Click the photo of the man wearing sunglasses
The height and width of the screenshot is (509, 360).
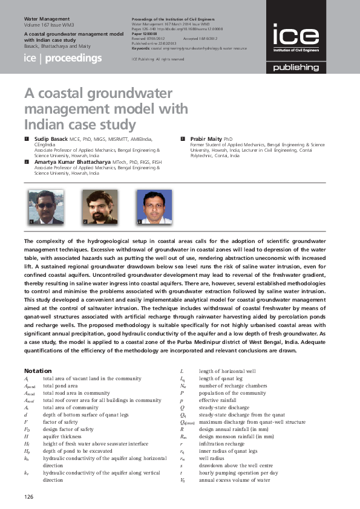45,207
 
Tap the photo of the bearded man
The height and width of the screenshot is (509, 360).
96,207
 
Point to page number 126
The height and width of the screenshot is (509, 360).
28,495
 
